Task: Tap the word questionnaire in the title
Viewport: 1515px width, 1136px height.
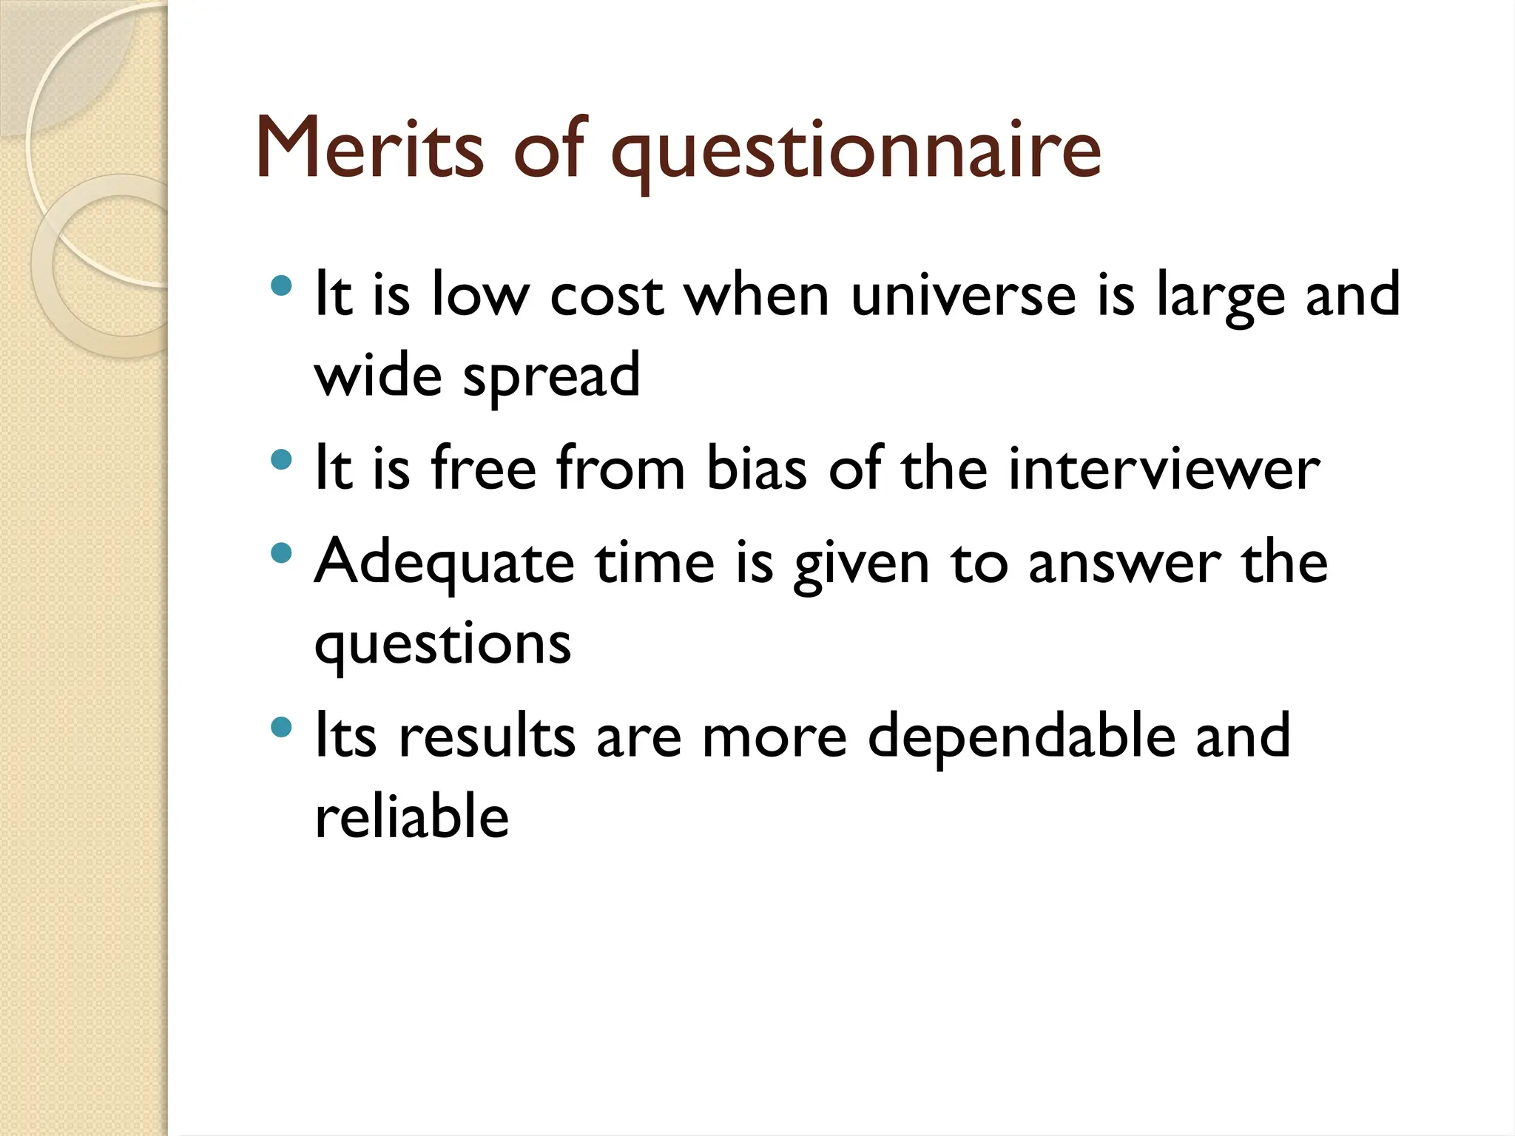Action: point(856,152)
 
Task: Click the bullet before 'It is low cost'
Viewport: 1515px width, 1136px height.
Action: point(282,285)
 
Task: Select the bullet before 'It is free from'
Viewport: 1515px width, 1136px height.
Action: point(282,460)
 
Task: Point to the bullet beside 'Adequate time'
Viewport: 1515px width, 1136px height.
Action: point(282,552)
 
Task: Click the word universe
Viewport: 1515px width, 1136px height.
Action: point(963,294)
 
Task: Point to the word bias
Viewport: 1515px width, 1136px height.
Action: point(756,469)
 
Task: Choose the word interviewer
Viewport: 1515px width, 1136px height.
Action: point(1164,469)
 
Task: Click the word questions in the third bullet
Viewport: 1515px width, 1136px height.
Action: point(442,644)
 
